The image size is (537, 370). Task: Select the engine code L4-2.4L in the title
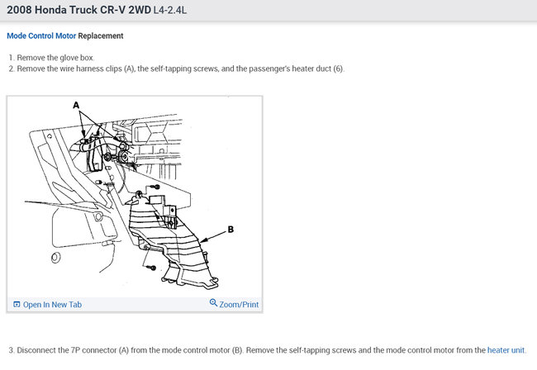[x=170, y=10]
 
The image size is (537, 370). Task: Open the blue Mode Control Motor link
[x=41, y=36]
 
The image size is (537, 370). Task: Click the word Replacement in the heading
[x=101, y=36]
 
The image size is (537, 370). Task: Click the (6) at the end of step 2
[x=339, y=69]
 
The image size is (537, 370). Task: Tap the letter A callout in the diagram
[x=76, y=105]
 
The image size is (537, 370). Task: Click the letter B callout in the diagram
[x=230, y=230]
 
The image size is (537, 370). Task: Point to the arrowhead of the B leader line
[x=202, y=241]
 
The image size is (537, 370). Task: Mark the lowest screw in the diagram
[x=151, y=268]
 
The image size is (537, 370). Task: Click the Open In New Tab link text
[x=52, y=305]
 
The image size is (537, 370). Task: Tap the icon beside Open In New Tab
[x=17, y=304]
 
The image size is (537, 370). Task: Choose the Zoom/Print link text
[x=239, y=305]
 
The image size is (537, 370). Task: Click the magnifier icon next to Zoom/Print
[x=213, y=303]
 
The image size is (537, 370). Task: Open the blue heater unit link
[x=506, y=350]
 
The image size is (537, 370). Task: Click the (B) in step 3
[x=237, y=350]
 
